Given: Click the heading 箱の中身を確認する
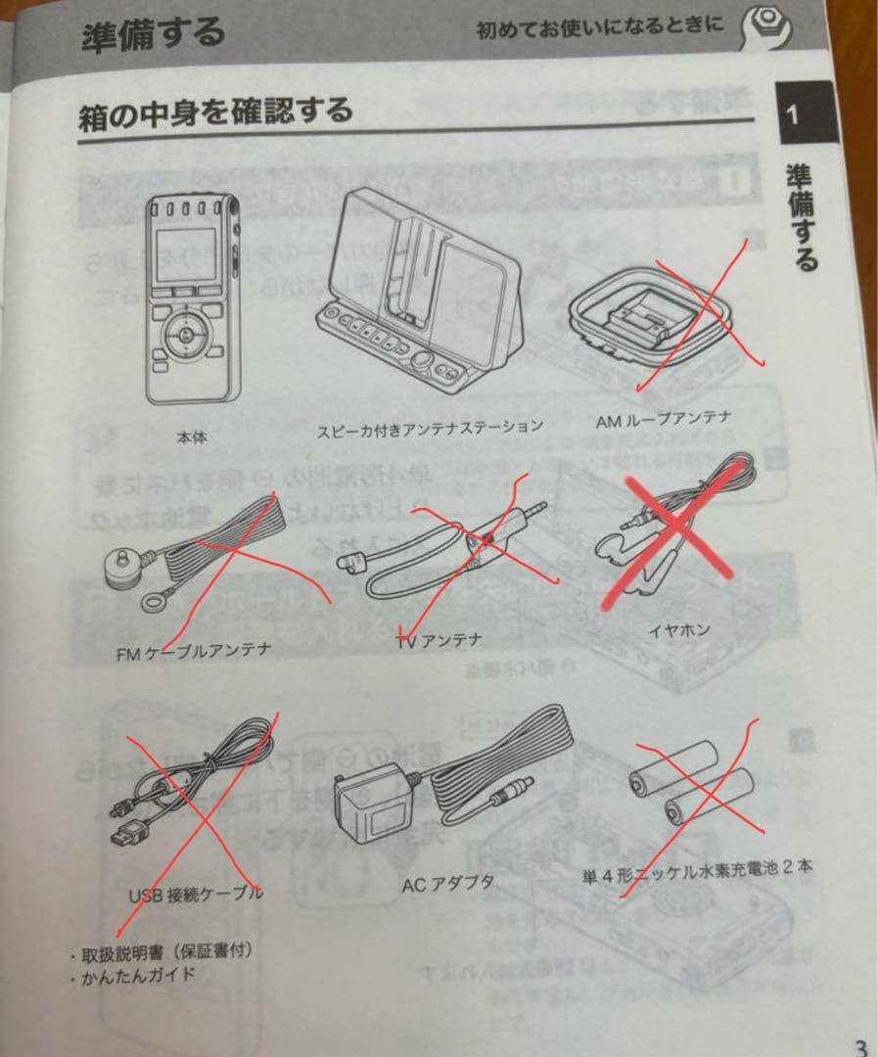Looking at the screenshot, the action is pos(215,114).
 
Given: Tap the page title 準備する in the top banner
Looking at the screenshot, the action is pos(153,33).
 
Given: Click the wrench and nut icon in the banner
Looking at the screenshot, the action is pos(766,27).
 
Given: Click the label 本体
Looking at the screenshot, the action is pos(192,437).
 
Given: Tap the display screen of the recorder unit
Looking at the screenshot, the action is pos(186,255).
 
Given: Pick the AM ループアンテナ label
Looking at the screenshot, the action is pos(663,420).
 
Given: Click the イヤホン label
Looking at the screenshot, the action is pos(679,630).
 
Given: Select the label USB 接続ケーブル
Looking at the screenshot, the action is pos(196,895).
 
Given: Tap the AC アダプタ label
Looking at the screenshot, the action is pos(447,884).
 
